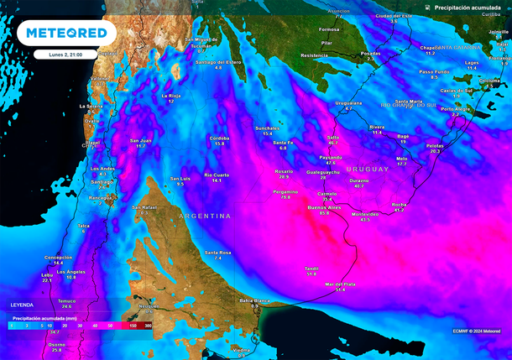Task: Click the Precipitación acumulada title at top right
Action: click(x=468, y=7)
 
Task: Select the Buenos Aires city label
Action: click(x=323, y=206)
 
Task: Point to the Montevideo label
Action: click(x=365, y=214)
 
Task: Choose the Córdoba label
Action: click(x=219, y=137)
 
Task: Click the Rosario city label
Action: click(x=285, y=171)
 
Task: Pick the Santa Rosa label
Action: click(x=218, y=252)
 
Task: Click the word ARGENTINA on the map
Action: click(x=204, y=217)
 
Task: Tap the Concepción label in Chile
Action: click(x=58, y=257)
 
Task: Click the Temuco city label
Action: click(x=66, y=300)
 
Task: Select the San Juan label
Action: click(x=140, y=140)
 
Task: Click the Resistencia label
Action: click(x=314, y=55)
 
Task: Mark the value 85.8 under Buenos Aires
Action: click(x=324, y=213)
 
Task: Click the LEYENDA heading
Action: click(x=23, y=305)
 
